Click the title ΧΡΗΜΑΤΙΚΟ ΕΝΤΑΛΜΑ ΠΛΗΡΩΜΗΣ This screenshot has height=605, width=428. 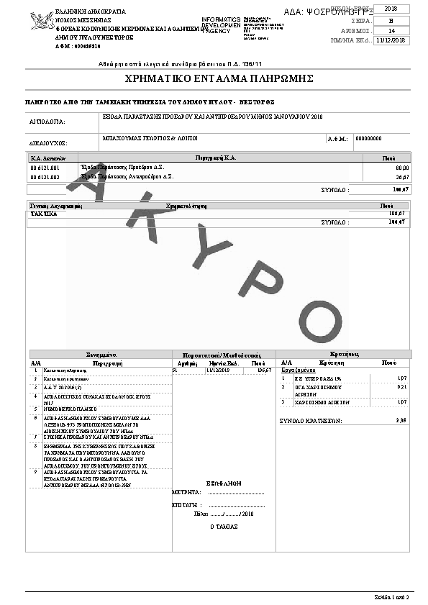213,78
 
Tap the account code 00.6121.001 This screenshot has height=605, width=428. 45,167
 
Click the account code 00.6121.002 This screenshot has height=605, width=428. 45,176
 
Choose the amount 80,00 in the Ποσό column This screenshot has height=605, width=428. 401,167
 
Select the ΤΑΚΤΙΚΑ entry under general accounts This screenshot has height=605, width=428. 43,214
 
